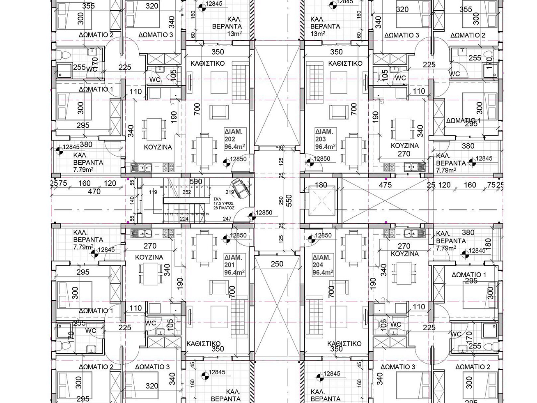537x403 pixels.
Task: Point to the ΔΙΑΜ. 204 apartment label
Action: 322,265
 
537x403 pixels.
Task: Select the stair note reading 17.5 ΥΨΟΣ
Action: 223,203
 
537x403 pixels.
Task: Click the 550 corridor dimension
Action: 289,200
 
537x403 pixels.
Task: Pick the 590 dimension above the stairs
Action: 196,181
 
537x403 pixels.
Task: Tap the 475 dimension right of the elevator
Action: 385,185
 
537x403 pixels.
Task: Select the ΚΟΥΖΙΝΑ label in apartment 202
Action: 158,147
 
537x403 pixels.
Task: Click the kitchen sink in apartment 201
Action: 141,233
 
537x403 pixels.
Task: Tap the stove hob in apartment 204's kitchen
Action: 388,233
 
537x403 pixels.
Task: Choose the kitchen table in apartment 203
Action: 400,129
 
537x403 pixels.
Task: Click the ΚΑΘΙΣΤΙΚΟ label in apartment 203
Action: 345,63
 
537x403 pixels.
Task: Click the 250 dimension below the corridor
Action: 277,264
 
